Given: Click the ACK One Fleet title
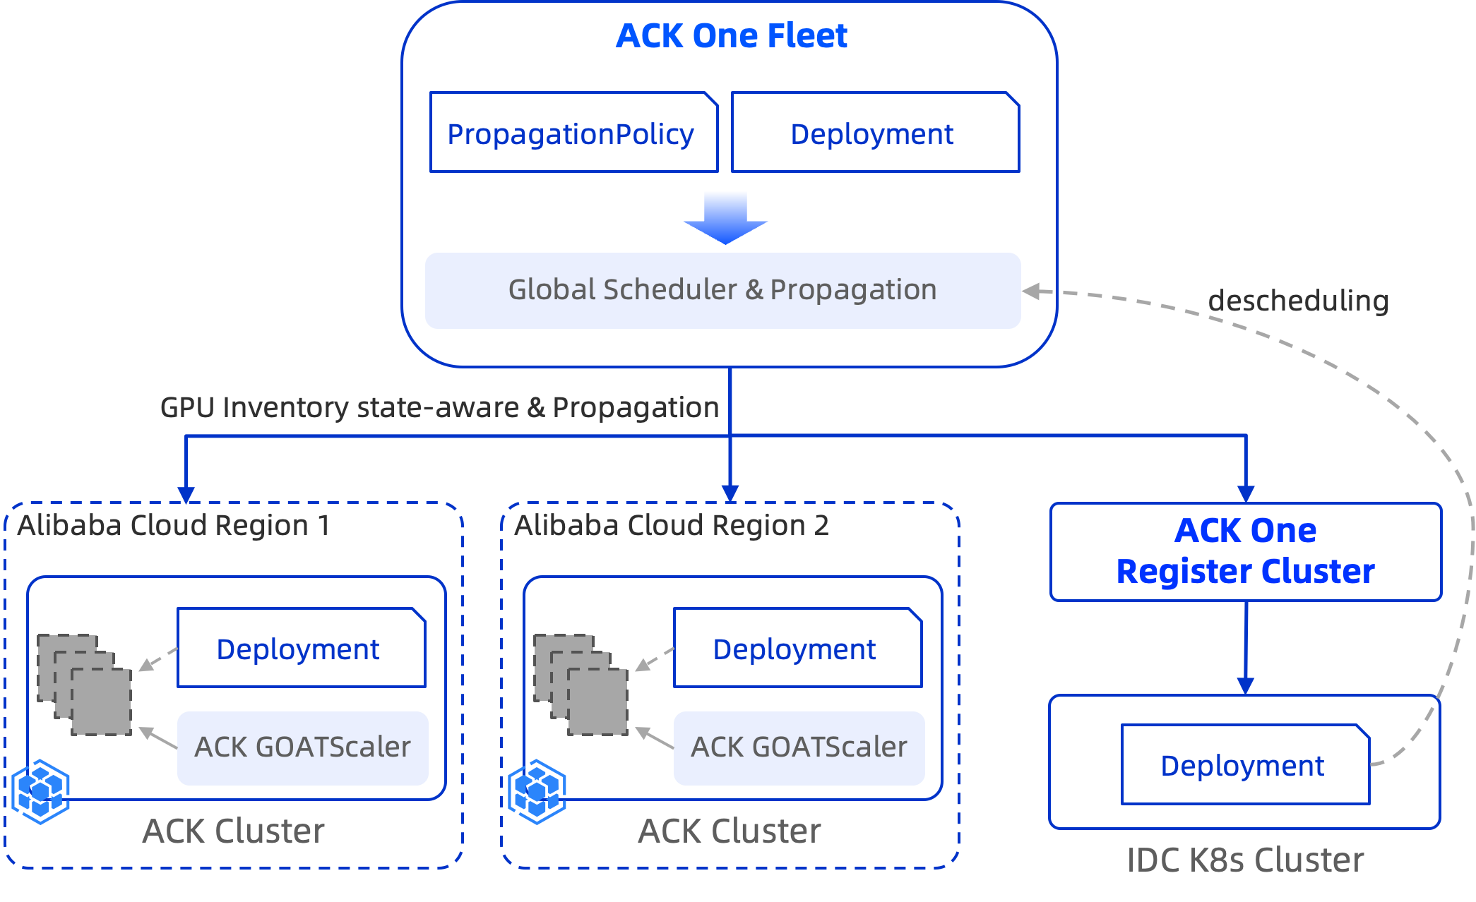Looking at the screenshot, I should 731,36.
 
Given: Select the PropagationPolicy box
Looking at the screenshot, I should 573,133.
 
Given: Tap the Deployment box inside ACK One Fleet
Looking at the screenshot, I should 874,133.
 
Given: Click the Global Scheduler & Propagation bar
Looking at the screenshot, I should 722,290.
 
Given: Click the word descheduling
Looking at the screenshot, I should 1298,301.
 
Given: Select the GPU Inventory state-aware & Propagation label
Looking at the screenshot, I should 439,407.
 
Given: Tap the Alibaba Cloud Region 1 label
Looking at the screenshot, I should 174,525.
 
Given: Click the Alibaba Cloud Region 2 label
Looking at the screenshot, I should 671,525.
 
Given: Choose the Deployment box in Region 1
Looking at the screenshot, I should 301,648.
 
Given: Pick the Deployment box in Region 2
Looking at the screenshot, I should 797,648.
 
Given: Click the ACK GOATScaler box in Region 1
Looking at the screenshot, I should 302,747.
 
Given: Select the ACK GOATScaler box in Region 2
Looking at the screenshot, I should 799,747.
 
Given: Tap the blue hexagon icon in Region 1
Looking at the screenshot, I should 41,791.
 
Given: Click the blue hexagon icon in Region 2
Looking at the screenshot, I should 537,791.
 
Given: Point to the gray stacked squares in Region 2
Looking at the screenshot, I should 581,685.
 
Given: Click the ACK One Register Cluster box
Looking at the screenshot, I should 1245,551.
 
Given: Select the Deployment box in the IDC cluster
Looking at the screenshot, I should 1244,765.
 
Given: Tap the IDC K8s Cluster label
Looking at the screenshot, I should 1245,860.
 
